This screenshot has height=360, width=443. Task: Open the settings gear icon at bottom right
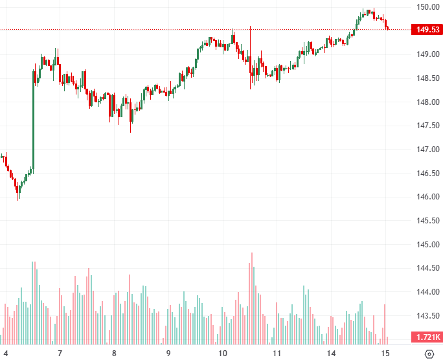pyautogui.click(x=428, y=354)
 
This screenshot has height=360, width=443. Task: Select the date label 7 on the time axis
pyautogui.click(x=60, y=354)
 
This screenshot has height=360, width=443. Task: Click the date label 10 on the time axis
pyautogui.click(x=222, y=354)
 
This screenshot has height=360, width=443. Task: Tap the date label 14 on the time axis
pyautogui.click(x=331, y=354)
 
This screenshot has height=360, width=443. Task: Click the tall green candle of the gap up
pyautogui.click(x=32, y=120)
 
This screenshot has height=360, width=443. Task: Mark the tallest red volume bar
pyautogui.click(x=251, y=298)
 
